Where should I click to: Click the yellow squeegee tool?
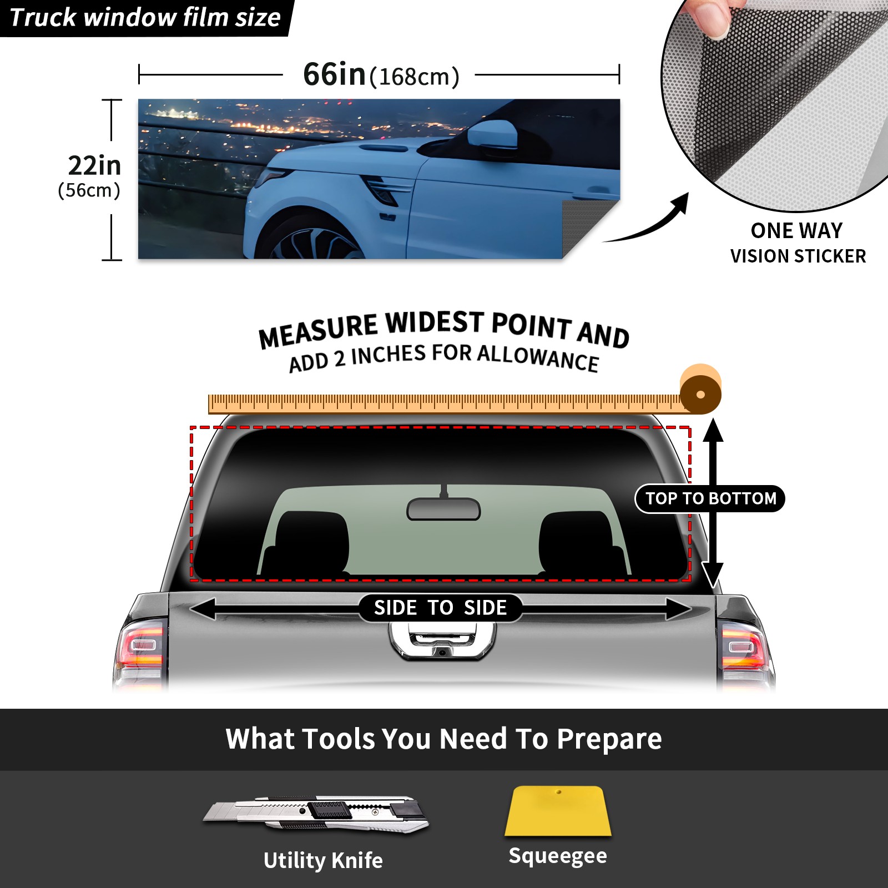[x=558, y=811]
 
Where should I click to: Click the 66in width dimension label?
[x=381, y=75]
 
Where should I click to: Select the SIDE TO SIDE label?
[x=440, y=608]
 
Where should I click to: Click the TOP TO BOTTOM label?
[x=710, y=498]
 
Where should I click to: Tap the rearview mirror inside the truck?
[x=443, y=508]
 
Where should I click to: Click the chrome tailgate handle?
[x=442, y=641]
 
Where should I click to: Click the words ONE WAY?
[x=796, y=230]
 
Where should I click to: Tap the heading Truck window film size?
[x=145, y=18]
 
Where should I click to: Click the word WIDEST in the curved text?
[x=435, y=322]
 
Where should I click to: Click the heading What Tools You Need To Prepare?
[x=444, y=739]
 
